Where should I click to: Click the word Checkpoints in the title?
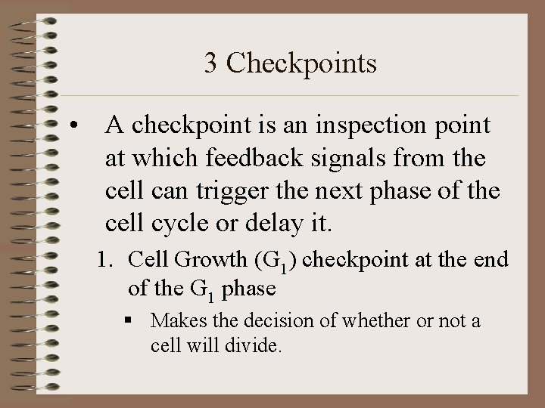tap(301, 63)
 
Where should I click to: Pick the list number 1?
tap(104, 261)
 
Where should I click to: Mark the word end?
tap(493, 261)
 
